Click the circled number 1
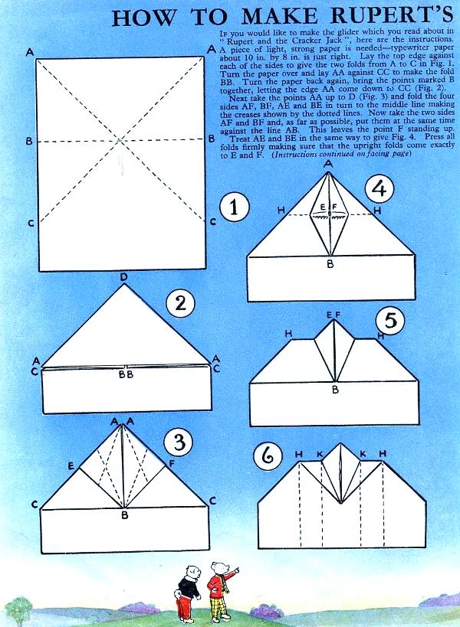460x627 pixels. tap(235, 208)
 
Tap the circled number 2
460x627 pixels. tap(181, 303)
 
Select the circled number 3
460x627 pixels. tap(179, 442)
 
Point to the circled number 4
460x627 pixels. tap(379, 189)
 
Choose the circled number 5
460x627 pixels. tap(390, 321)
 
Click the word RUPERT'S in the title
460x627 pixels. tap(393, 16)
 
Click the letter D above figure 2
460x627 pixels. tap(123, 277)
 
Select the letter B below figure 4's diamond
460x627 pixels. tap(330, 264)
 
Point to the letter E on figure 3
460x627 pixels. tap(71, 465)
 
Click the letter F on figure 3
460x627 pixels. tap(172, 464)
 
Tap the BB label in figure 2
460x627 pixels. tap(126, 374)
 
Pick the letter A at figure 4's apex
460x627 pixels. tap(328, 164)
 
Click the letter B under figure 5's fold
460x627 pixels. tap(336, 389)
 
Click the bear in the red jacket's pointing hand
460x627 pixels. tap(237, 569)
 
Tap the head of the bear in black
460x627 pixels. tap(192, 571)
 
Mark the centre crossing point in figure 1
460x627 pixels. tap(120, 140)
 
